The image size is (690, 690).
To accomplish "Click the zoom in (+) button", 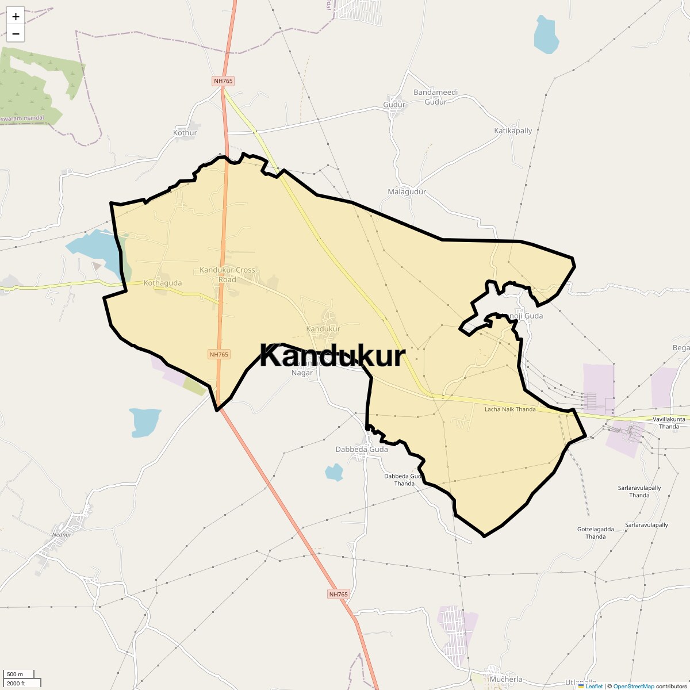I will click(x=16, y=17).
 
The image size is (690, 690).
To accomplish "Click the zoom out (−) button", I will click(x=16, y=34).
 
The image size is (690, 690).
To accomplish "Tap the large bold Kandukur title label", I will click(x=332, y=355).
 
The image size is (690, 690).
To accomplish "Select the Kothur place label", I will click(x=185, y=133).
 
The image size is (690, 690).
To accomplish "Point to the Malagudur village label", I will click(x=407, y=191).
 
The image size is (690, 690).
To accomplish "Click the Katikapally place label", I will click(x=513, y=131).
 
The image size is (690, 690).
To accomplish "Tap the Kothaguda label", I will click(x=163, y=283).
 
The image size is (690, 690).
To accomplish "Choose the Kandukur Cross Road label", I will click(x=227, y=274).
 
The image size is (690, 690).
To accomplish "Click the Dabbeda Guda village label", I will click(x=362, y=449).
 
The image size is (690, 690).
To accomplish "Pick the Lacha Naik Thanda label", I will click(x=510, y=409).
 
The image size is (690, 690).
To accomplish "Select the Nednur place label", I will click(x=62, y=534).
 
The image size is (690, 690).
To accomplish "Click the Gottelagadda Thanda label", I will click(x=595, y=532).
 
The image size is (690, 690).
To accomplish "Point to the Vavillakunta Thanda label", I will click(x=669, y=423).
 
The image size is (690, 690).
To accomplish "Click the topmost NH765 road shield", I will click(x=223, y=81).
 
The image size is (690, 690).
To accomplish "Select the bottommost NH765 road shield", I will click(x=339, y=594).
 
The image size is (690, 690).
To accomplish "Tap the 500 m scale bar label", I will click(x=16, y=674).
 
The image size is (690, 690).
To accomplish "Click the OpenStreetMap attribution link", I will click(x=633, y=686).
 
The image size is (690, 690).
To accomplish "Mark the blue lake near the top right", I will click(x=546, y=36).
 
